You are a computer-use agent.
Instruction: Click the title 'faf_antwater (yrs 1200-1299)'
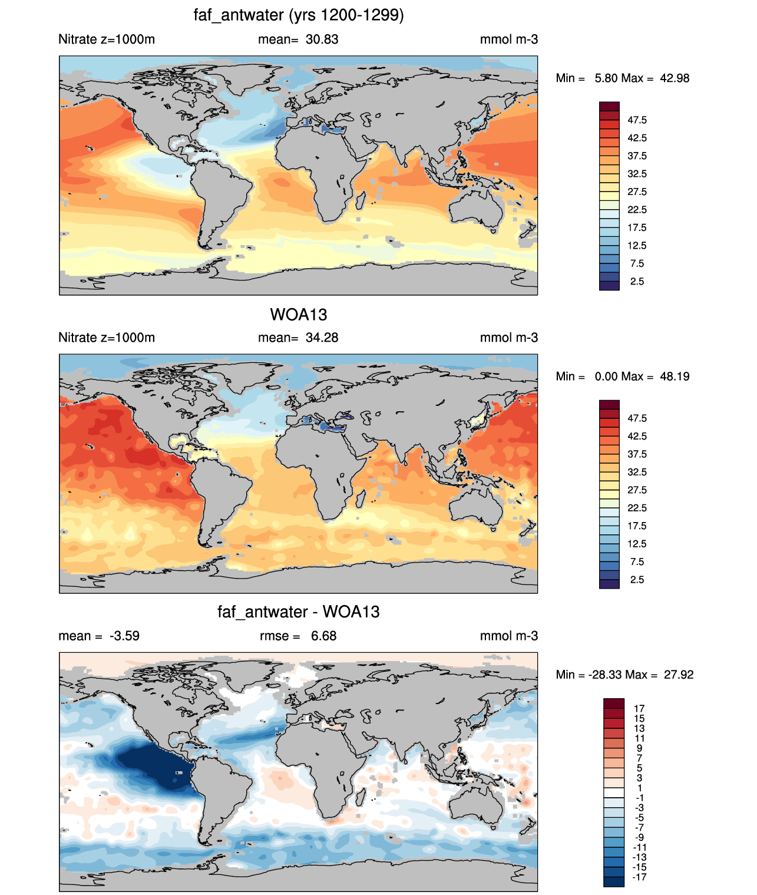pyautogui.click(x=298, y=15)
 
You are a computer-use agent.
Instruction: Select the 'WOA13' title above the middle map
pyautogui.click(x=298, y=315)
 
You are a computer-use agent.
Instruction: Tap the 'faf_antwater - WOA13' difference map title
pyautogui.click(x=298, y=612)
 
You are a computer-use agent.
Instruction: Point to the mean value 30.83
pyautogui.click(x=322, y=39)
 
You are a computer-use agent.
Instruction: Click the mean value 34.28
pyautogui.click(x=322, y=337)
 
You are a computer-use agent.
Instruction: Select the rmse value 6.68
pyautogui.click(x=323, y=636)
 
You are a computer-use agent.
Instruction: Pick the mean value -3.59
pyautogui.click(x=124, y=636)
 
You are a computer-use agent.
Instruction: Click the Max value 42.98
pyautogui.click(x=675, y=78)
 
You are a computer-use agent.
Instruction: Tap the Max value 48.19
pyautogui.click(x=675, y=377)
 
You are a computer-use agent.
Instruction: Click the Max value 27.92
pyautogui.click(x=679, y=675)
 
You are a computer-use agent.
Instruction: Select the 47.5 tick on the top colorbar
pyautogui.click(x=637, y=120)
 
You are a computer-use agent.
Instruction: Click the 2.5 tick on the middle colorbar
pyautogui.click(x=637, y=579)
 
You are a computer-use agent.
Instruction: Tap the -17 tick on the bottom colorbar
pyautogui.click(x=639, y=877)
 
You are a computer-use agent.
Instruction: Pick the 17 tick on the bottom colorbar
pyautogui.click(x=639, y=708)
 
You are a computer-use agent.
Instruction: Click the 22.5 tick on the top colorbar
pyautogui.click(x=637, y=210)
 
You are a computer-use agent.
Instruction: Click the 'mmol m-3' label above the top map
pyautogui.click(x=508, y=39)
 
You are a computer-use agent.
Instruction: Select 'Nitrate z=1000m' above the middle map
pyautogui.click(x=107, y=337)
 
